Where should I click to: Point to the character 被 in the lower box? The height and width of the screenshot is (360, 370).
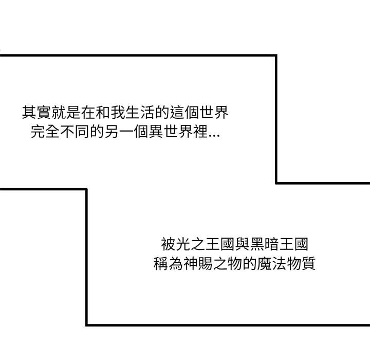[x=168, y=243]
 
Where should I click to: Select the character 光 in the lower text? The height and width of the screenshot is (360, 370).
[x=183, y=243]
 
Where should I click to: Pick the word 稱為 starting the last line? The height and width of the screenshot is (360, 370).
[x=168, y=264]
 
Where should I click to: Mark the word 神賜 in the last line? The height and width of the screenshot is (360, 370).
[x=197, y=264]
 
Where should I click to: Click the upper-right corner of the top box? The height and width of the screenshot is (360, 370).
[x=276, y=55]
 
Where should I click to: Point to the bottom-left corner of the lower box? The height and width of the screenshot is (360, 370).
[x=86, y=325]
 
